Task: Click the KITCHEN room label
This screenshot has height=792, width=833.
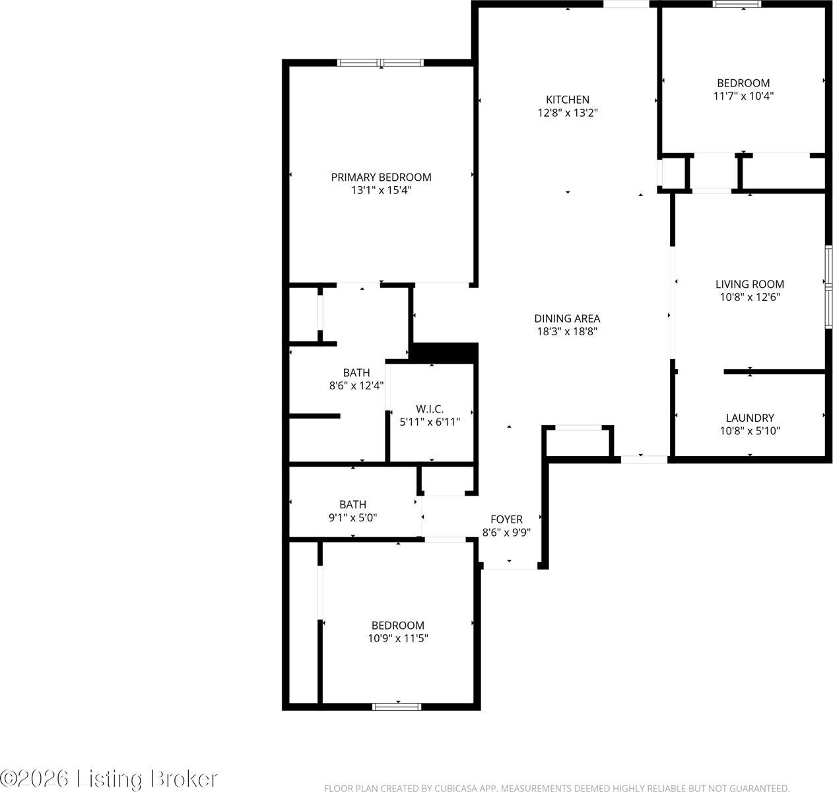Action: coord(568,100)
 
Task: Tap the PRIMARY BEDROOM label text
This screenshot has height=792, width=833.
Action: coord(381,177)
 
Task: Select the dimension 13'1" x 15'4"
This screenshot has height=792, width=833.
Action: coord(381,190)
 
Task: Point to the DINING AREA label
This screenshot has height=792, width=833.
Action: coord(567,318)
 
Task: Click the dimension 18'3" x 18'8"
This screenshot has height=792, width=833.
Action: coord(567,331)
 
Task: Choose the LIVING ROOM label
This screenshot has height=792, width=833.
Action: coord(750,284)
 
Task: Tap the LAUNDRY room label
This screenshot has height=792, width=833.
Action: coord(750,418)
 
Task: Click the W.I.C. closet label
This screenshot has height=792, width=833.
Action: coord(430,409)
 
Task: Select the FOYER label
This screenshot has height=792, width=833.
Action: coord(506,519)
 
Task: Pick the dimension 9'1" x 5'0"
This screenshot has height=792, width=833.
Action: coord(352,517)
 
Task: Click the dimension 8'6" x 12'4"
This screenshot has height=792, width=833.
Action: coord(356,385)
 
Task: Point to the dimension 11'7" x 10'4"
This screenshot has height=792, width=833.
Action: coord(743,96)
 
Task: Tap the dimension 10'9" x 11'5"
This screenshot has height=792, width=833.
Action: coord(397,638)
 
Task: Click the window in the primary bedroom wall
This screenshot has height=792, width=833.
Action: coord(380,63)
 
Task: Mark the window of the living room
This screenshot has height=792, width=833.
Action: coord(829,286)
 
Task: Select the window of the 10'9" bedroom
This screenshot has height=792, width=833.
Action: coord(397,706)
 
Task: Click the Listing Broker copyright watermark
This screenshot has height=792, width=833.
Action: coord(110,778)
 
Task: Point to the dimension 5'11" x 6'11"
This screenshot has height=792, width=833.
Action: coord(430,422)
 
